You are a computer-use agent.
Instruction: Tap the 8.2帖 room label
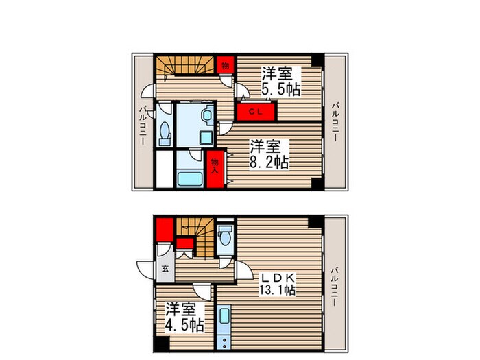268,154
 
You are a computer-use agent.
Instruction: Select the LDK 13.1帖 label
276,284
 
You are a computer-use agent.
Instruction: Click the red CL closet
255,111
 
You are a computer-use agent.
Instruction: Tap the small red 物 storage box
224,66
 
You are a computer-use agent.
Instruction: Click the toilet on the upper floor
165,133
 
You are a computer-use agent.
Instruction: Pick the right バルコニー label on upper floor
334,122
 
